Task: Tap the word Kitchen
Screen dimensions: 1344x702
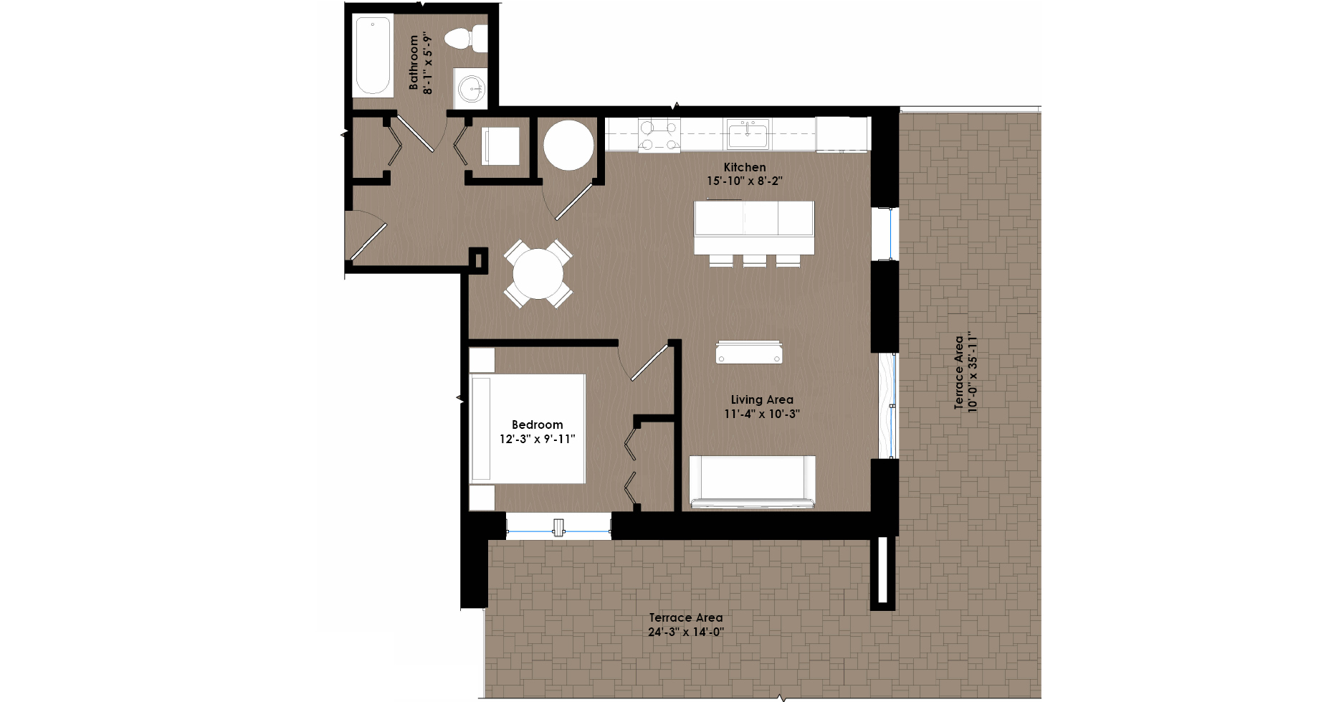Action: click(745, 167)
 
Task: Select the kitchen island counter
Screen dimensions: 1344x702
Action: click(754, 228)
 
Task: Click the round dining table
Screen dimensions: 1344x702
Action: click(538, 273)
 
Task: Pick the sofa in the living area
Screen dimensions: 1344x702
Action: click(752, 482)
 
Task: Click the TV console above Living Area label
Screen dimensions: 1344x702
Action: click(749, 351)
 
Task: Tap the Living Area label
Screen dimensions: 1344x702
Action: click(762, 399)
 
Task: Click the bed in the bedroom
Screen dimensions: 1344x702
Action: click(528, 428)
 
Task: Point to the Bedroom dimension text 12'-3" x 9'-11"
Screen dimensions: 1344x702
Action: click(538, 439)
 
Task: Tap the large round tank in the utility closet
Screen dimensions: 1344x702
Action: click(568, 144)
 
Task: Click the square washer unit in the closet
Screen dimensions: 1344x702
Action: click(500, 146)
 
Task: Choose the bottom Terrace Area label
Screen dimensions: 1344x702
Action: click(686, 617)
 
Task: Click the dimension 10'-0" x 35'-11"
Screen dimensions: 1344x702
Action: click(972, 371)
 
